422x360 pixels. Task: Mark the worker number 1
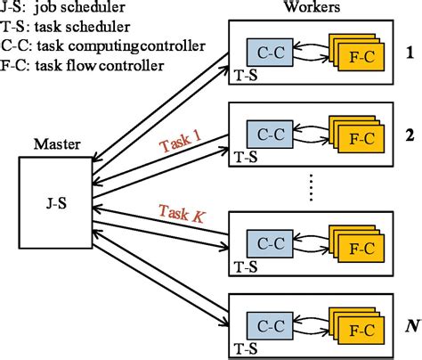410,52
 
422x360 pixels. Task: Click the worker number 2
410,135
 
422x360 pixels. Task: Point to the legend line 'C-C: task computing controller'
103,45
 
